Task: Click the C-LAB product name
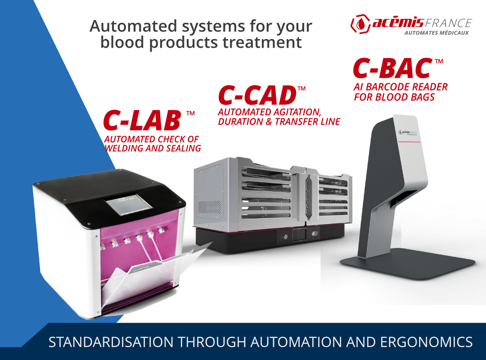(142, 120)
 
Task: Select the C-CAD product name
(257, 95)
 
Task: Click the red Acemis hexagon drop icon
(360, 24)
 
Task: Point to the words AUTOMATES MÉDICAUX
(436, 33)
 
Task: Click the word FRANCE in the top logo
(448, 23)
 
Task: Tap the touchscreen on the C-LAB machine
(128, 205)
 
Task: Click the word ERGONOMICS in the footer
(426, 342)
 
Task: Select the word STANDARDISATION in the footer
(111, 342)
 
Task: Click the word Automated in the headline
(133, 26)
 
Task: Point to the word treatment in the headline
(262, 42)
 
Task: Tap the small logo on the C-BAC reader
(408, 133)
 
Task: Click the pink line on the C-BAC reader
(409, 142)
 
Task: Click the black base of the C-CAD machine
(270, 237)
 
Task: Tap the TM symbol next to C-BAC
(439, 61)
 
